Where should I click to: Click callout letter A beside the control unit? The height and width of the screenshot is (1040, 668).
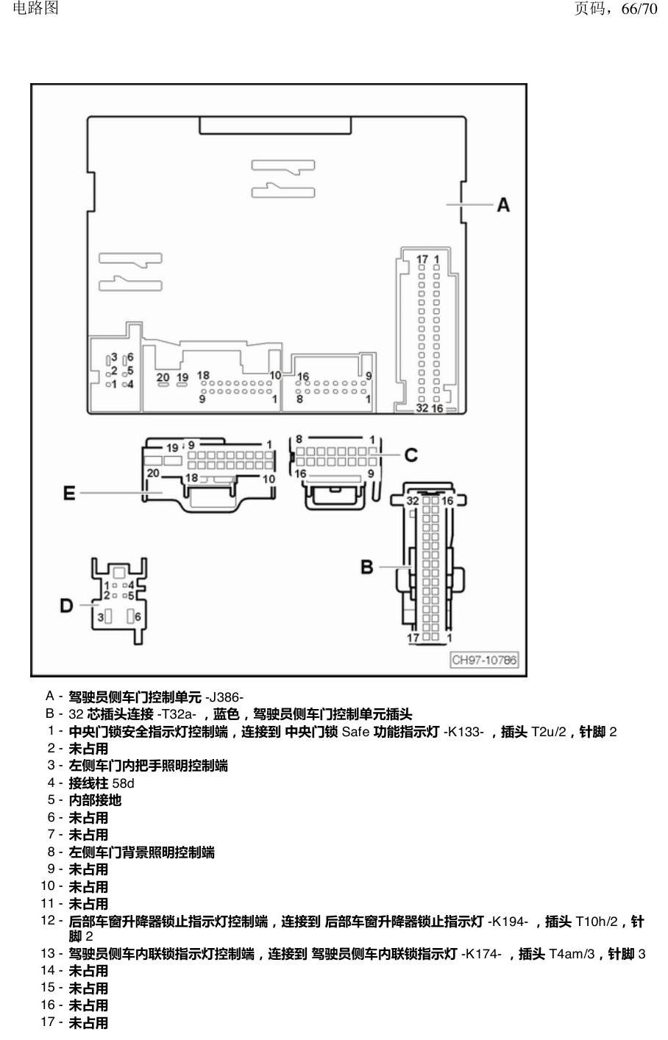(x=503, y=204)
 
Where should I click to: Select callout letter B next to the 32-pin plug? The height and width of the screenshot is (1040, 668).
(x=367, y=567)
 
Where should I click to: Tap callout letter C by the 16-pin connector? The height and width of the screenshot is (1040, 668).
(x=411, y=455)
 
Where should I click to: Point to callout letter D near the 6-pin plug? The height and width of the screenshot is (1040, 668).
(x=66, y=605)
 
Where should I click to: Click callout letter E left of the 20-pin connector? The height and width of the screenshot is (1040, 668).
(x=68, y=493)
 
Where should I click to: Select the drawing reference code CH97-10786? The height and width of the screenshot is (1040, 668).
(x=484, y=660)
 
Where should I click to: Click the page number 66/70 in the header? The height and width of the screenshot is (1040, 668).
(x=639, y=8)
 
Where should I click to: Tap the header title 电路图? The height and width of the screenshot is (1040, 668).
(x=35, y=8)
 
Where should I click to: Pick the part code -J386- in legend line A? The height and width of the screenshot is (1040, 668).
(x=224, y=697)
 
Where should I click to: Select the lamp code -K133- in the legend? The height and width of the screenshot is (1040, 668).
(x=463, y=732)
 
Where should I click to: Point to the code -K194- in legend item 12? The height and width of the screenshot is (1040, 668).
(x=508, y=922)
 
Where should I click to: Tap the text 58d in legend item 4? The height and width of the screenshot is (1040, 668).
(x=123, y=784)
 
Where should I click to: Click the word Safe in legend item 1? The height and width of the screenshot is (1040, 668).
(x=355, y=732)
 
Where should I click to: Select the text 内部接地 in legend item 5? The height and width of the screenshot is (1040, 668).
(x=95, y=800)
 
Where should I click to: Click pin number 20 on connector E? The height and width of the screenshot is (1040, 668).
(x=153, y=473)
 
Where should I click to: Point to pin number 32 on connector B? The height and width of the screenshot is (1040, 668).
(x=413, y=501)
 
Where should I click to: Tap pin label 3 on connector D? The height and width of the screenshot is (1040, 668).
(x=100, y=618)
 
